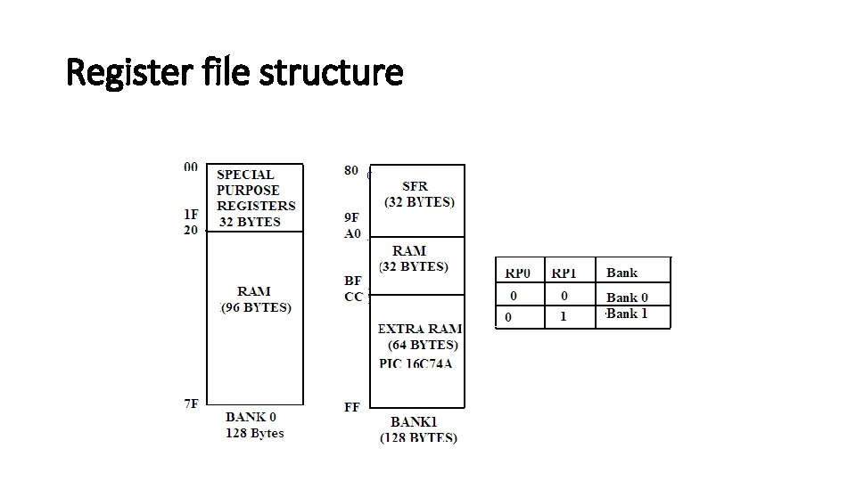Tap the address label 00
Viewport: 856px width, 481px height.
(x=191, y=167)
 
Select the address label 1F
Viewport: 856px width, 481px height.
(x=191, y=214)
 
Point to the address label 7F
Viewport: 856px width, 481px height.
(x=191, y=404)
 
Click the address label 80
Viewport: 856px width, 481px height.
(x=352, y=169)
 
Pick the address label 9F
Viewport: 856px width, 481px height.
(x=352, y=216)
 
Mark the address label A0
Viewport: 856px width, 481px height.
(x=353, y=233)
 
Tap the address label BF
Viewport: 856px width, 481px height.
(x=352, y=280)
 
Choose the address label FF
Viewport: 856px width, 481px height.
(x=352, y=407)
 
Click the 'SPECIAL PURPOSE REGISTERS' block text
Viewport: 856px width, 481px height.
(x=255, y=198)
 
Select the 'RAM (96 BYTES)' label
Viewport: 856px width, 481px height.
(x=255, y=299)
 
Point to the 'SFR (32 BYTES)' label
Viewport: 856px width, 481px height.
(x=417, y=193)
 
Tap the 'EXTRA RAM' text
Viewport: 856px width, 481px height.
(x=420, y=329)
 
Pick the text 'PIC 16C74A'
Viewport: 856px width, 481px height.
(x=416, y=363)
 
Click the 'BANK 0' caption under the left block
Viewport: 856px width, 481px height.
(x=251, y=417)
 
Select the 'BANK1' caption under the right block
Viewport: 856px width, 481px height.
(x=418, y=421)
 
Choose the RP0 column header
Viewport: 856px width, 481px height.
(x=517, y=273)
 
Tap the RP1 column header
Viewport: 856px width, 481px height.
(x=564, y=273)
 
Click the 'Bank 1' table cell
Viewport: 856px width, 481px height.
(x=627, y=314)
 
